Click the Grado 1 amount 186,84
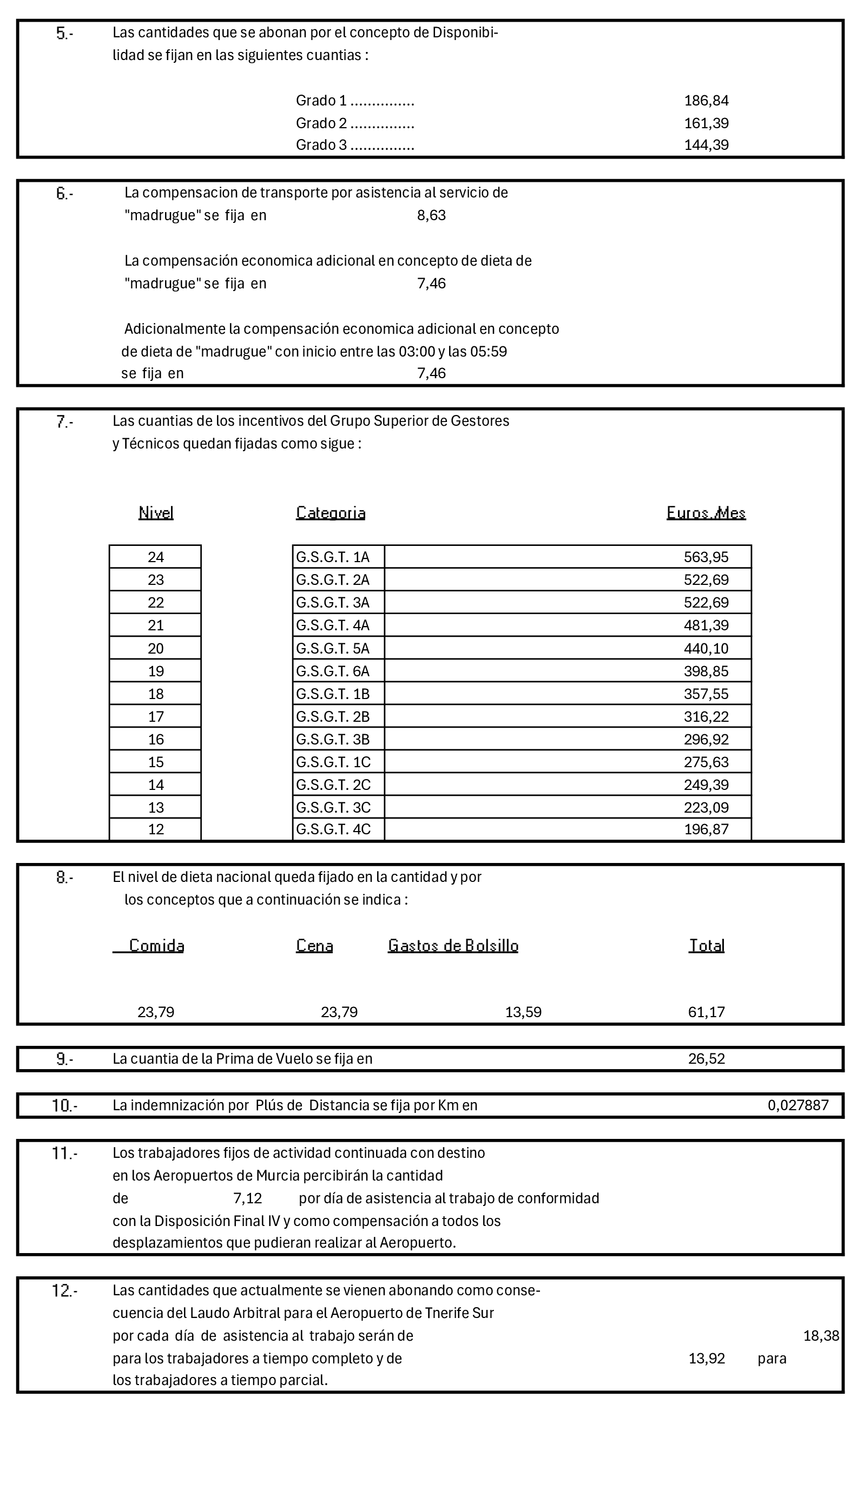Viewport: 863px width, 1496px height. click(706, 101)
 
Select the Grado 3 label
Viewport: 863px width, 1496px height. click(321, 145)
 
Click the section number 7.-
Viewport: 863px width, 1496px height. click(64, 422)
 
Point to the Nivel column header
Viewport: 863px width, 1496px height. click(156, 513)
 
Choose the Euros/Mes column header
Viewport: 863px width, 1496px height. click(706, 513)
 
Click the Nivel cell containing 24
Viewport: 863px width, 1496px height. click(156, 557)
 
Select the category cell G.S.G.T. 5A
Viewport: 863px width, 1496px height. click(333, 648)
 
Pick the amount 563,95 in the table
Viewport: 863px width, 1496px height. click(706, 557)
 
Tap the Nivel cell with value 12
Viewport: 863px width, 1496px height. click(156, 829)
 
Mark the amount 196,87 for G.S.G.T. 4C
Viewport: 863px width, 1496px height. click(706, 829)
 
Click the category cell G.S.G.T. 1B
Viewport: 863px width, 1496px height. click(333, 694)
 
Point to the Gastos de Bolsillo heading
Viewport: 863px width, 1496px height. click(453, 945)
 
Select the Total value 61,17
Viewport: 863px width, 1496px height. click(706, 1012)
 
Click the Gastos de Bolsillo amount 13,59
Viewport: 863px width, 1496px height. click(523, 1012)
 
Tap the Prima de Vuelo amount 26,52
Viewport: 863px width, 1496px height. click(706, 1059)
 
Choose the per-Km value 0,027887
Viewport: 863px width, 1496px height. click(798, 1105)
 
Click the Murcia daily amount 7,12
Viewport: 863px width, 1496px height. click(247, 1198)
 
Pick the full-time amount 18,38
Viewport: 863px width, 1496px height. click(821, 1335)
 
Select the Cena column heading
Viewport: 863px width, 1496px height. click(314, 945)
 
